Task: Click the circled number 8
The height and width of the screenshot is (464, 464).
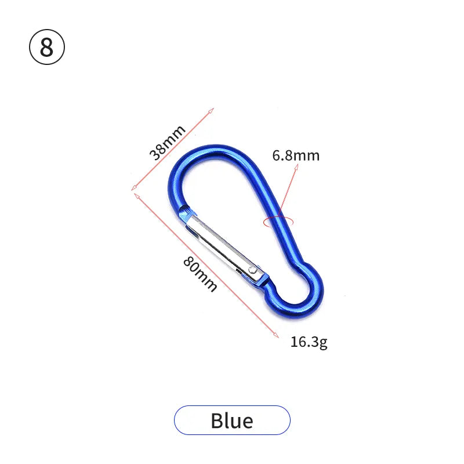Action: (x=47, y=47)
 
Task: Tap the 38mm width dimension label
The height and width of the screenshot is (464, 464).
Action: (x=167, y=143)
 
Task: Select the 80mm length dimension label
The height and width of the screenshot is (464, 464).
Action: (x=200, y=274)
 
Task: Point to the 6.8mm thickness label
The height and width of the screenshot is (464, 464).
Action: (x=296, y=155)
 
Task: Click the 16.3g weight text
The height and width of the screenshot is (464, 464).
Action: (x=309, y=342)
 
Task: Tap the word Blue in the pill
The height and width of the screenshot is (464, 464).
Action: (x=232, y=420)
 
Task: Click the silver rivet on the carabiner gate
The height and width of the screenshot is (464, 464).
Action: (x=252, y=270)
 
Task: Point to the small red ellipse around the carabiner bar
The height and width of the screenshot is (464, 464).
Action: (x=278, y=222)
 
